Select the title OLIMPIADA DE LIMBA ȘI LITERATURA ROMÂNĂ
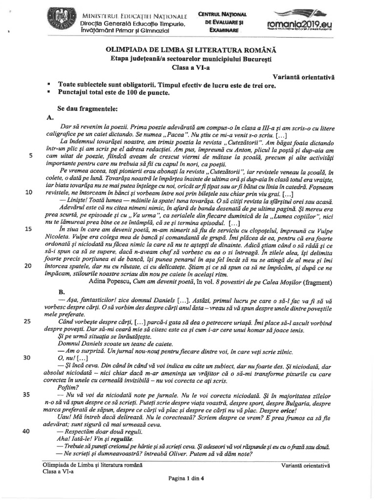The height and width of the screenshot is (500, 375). click(191, 50)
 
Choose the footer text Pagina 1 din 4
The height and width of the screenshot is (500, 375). click(186, 478)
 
